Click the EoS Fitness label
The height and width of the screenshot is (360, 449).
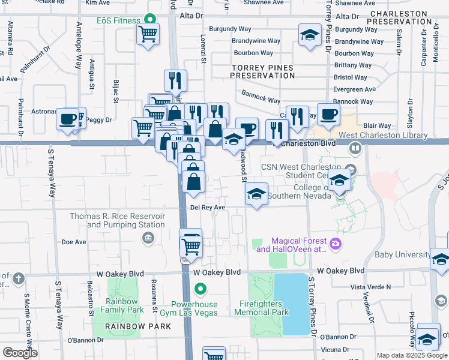pos(118,20)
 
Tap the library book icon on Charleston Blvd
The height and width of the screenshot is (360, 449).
pos(355,148)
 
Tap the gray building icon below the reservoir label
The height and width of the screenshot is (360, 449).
pos(147,239)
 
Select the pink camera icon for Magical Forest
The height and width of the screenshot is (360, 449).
pos(336,243)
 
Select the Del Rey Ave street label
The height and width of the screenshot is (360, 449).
pos(208,208)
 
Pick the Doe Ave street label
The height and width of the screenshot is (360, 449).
pos(74,242)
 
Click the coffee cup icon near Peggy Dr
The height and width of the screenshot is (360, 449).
pos(67,118)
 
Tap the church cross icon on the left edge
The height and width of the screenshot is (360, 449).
pos(19,278)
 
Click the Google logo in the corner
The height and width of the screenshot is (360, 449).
pos(20,353)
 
